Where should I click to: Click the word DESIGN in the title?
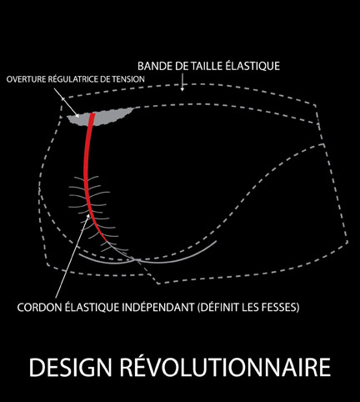click(70, 367)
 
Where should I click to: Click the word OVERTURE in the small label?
click(26, 79)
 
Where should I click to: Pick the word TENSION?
click(128, 79)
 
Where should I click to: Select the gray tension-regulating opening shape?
click(100, 117)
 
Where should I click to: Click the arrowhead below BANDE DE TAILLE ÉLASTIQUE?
click(182, 89)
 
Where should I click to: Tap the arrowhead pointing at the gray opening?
click(77, 114)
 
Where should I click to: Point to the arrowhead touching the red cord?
click(88, 216)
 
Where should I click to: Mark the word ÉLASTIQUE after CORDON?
click(92, 307)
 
